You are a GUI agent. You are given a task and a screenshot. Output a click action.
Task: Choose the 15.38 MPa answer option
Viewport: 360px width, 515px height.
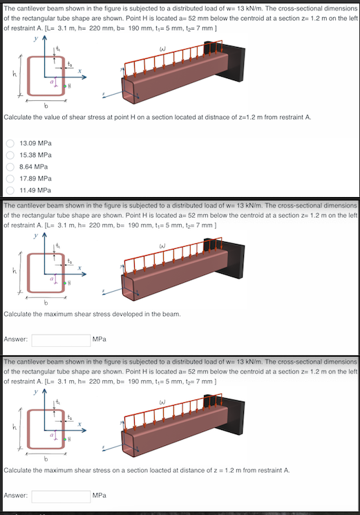[10, 154]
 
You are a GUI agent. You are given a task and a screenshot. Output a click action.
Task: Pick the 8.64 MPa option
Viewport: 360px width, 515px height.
[10, 166]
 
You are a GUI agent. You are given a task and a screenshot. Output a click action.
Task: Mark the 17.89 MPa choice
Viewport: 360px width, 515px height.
[10, 178]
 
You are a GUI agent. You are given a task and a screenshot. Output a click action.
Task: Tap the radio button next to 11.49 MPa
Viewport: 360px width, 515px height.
[10, 189]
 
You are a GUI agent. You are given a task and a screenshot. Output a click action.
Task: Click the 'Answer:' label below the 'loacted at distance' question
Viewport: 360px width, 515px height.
[16, 496]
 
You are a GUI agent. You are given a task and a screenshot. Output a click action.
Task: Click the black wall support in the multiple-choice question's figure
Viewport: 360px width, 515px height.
[234, 62]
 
